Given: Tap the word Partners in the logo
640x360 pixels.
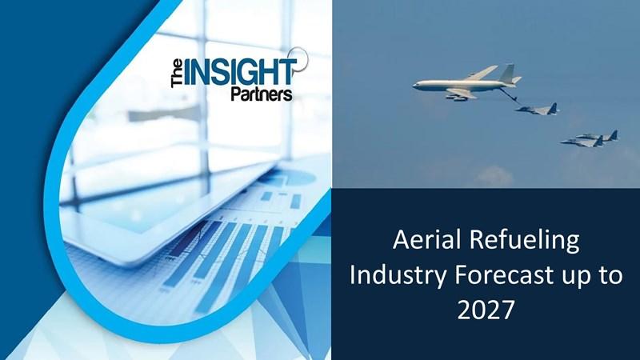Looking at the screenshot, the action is (x=262, y=94).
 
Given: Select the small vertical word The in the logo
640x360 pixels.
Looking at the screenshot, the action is (x=177, y=74).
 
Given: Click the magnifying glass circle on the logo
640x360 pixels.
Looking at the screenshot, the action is (x=299, y=58).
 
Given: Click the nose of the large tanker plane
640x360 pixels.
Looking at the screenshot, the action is (x=415, y=86).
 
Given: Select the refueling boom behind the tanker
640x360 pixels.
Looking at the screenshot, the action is (x=509, y=95).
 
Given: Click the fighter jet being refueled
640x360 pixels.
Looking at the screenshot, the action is (x=536, y=110).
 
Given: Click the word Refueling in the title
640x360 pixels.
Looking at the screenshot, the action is (x=524, y=241).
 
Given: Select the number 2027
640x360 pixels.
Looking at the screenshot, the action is (x=486, y=310).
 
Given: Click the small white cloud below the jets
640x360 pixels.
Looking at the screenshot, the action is (x=494, y=175).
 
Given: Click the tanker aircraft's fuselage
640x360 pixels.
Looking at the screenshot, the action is (x=462, y=85).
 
